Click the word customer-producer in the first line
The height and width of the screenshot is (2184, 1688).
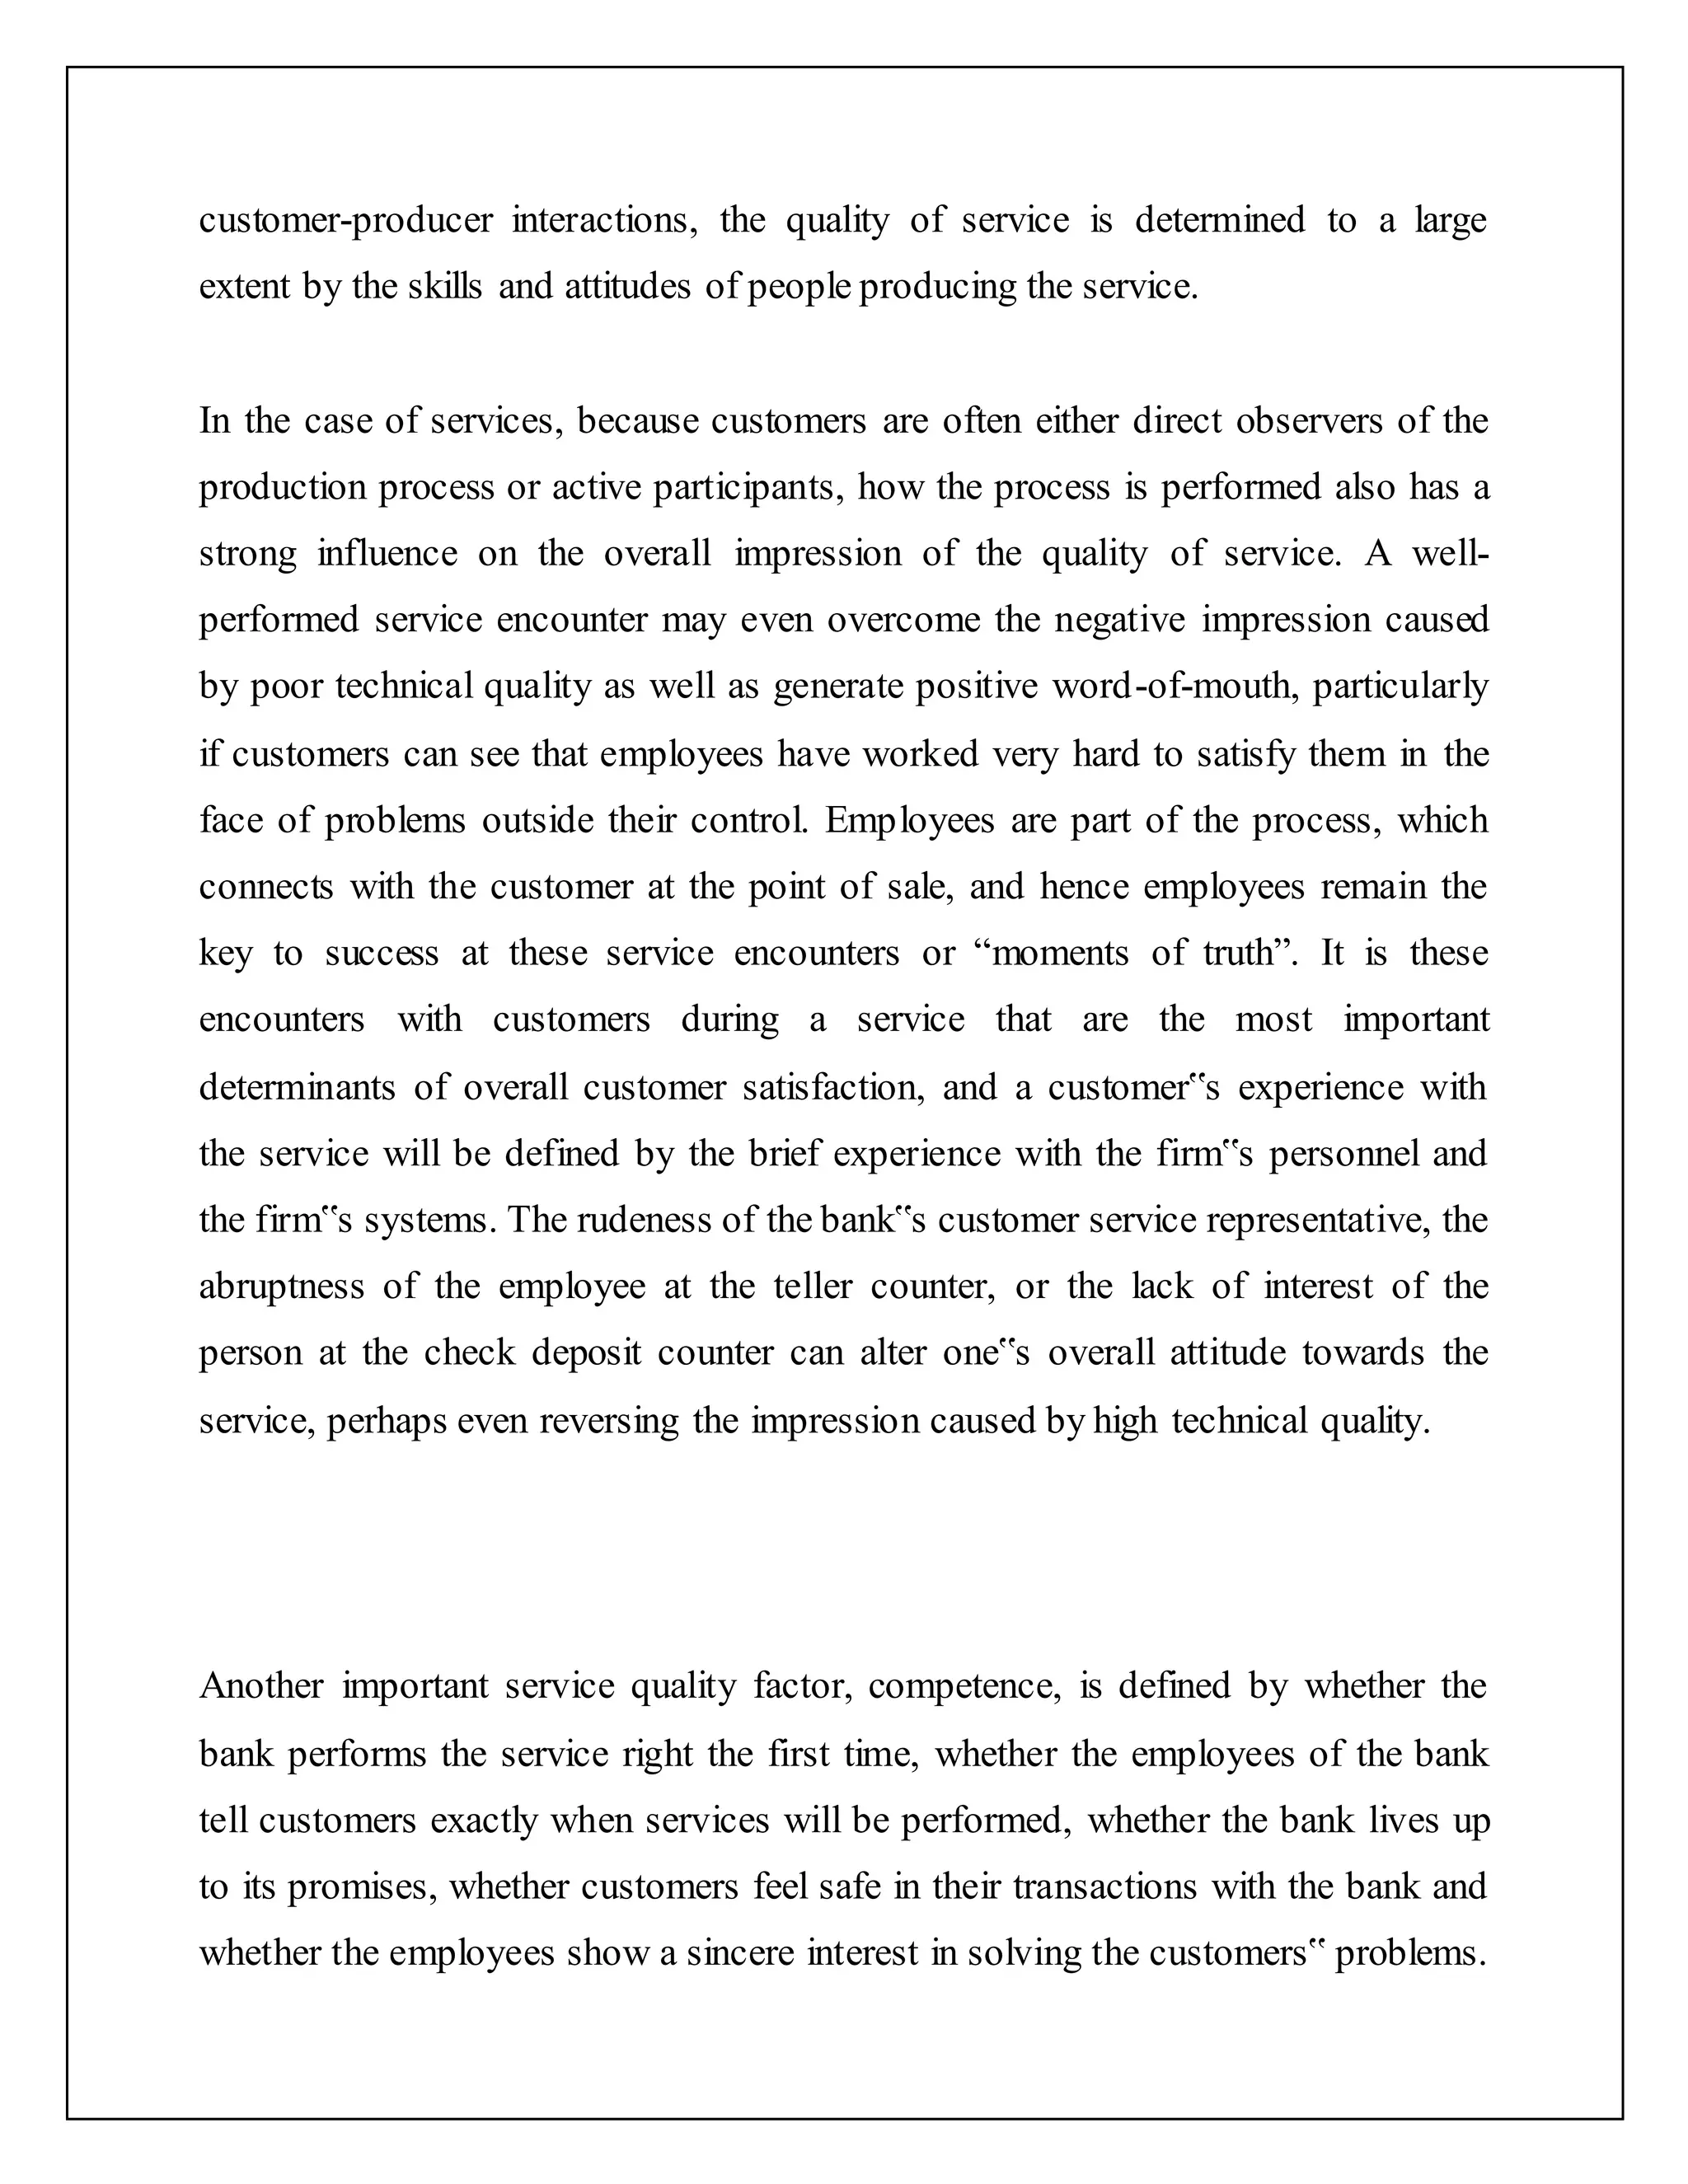tap(345, 221)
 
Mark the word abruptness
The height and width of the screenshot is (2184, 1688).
tap(281, 1286)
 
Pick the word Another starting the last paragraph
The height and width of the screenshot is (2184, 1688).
tap(261, 1687)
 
